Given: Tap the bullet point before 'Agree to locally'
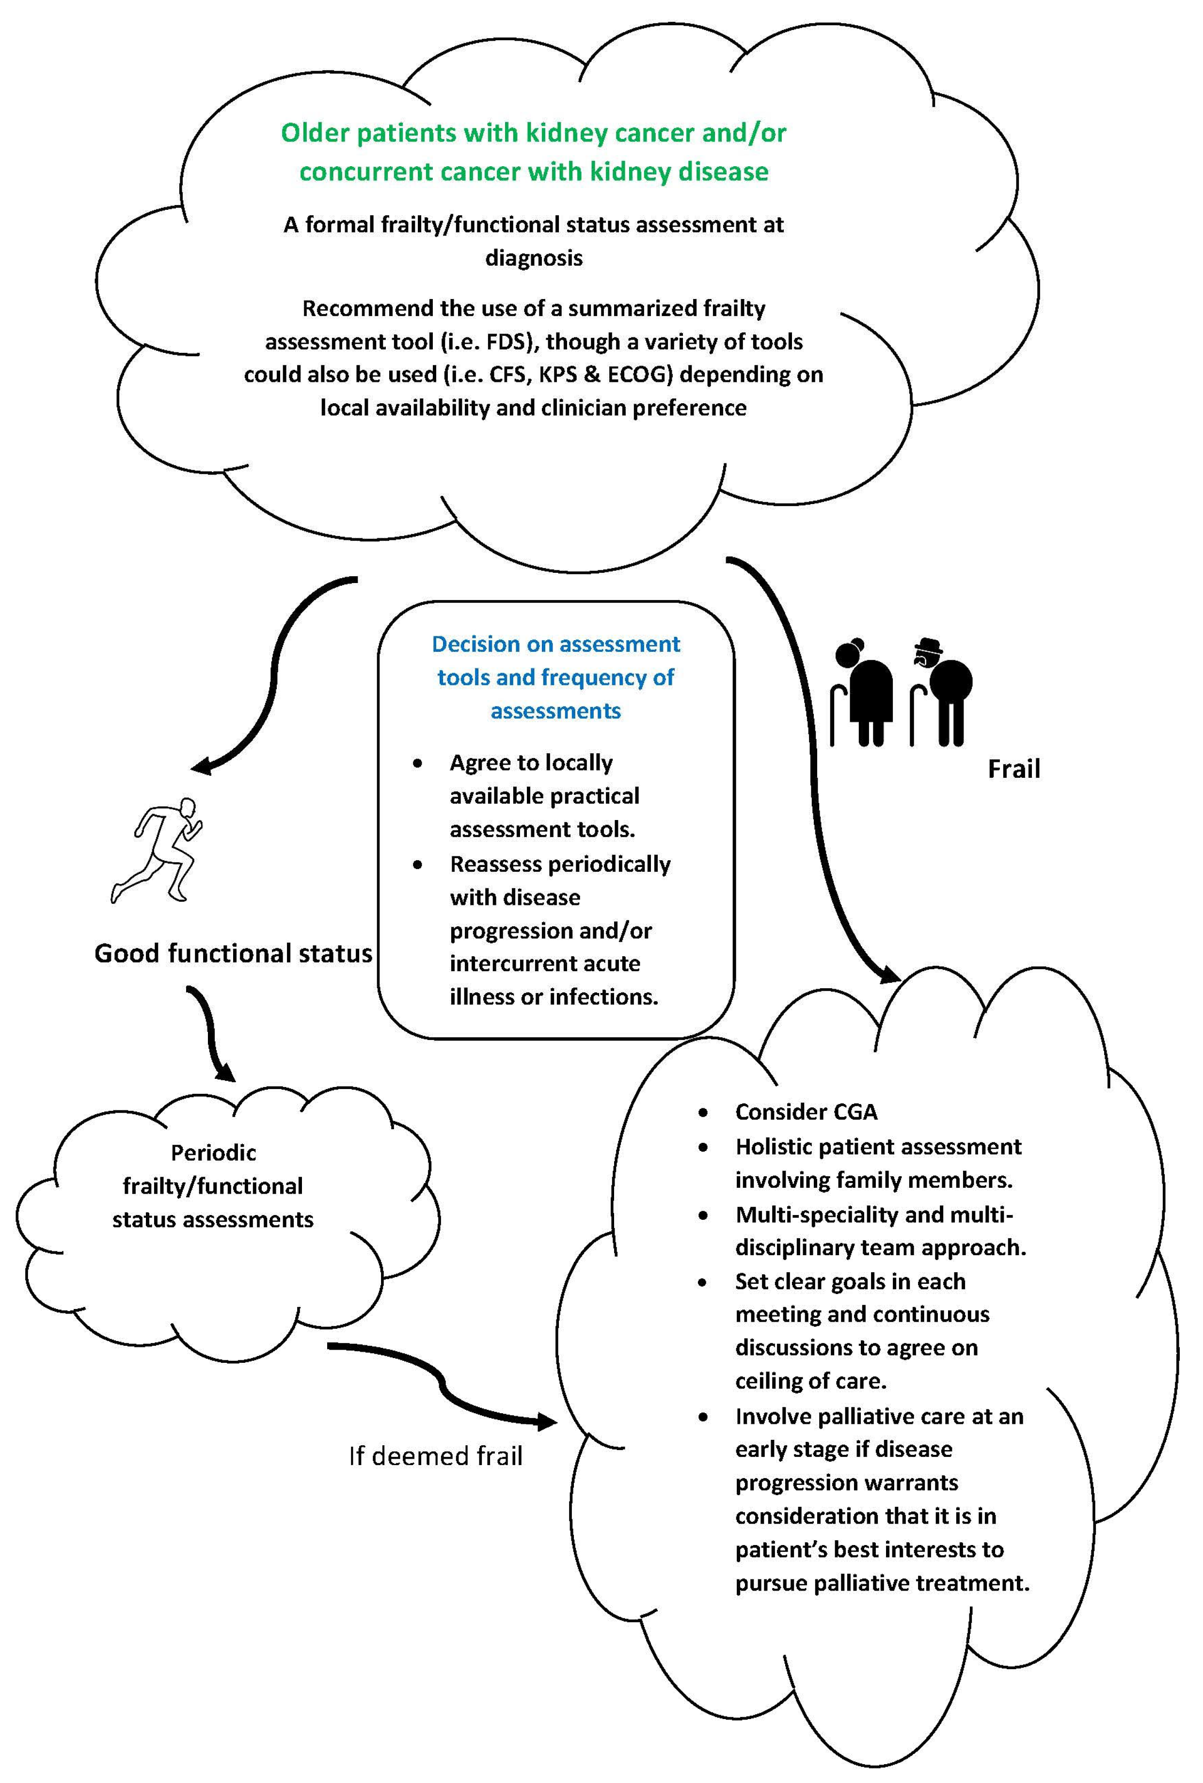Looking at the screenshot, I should [x=417, y=764].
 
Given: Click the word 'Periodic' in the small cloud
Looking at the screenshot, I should [x=213, y=1152].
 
